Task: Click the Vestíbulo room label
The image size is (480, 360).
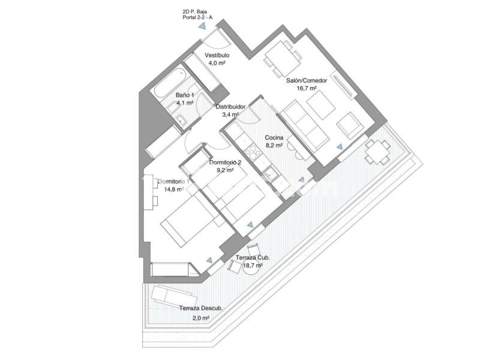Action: click(217, 55)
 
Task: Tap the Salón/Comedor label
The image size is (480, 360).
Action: click(307, 80)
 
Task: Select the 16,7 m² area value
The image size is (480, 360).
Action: click(307, 88)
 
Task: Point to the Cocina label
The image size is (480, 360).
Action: click(274, 138)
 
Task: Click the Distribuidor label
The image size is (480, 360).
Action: click(230, 107)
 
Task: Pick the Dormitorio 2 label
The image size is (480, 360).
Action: click(225, 163)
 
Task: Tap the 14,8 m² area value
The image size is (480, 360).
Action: click(174, 189)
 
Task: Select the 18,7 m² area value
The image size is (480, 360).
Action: click(253, 265)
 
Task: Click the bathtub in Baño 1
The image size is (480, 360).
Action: click(169, 82)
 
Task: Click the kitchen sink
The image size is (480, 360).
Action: click(271, 174)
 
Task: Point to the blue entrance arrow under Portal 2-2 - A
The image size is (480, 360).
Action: click(202, 26)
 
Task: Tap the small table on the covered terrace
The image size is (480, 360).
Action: click(377, 152)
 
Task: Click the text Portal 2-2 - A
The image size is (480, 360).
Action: click(197, 18)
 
